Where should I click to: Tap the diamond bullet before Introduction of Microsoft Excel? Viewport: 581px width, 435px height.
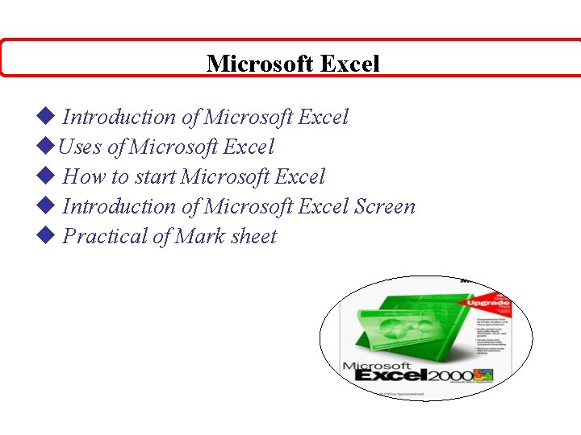tap(45, 117)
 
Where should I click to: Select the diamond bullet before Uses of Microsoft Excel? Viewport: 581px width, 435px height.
tap(45, 147)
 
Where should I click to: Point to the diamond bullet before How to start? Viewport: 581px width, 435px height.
tap(45, 176)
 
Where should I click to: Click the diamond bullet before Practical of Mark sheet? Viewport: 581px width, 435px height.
tap(45, 236)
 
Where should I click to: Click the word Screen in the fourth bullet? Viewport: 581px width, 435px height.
tap(385, 206)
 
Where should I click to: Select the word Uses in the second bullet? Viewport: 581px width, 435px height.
tap(80, 147)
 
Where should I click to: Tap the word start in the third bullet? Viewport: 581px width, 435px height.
tap(155, 176)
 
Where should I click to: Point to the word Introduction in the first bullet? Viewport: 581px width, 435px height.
tap(119, 117)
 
